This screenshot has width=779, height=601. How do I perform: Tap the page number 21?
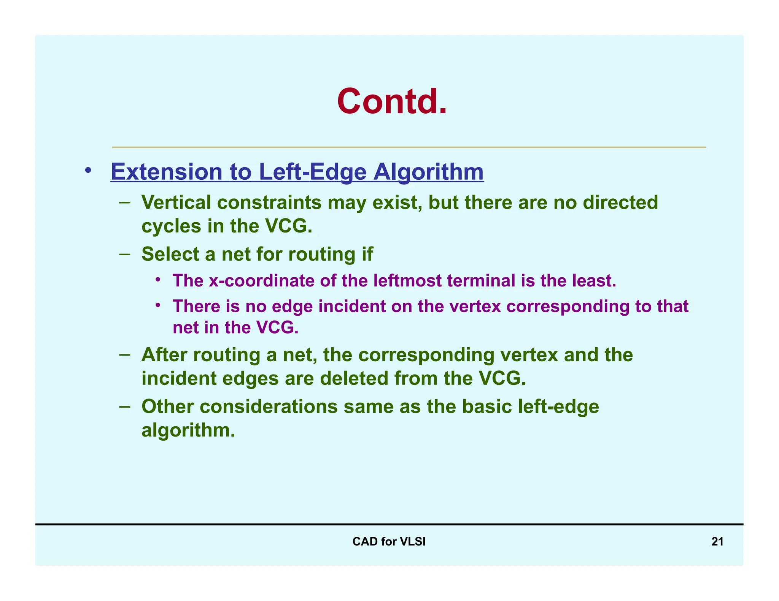coord(717,541)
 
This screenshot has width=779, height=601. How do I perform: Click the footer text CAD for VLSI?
coord(389,541)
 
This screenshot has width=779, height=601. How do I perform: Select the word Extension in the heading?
coord(166,172)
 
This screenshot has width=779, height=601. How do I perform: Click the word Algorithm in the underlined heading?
coord(428,172)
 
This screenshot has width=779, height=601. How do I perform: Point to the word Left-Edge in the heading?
coord(312,172)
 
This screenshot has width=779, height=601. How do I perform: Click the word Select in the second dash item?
coord(170,254)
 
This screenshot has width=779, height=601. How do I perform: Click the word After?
coord(164,355)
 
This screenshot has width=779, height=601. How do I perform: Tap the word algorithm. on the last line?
coord(188,430)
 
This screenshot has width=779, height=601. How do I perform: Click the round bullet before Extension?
coord(88,170)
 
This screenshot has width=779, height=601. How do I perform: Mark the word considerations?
coord(269,407)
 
